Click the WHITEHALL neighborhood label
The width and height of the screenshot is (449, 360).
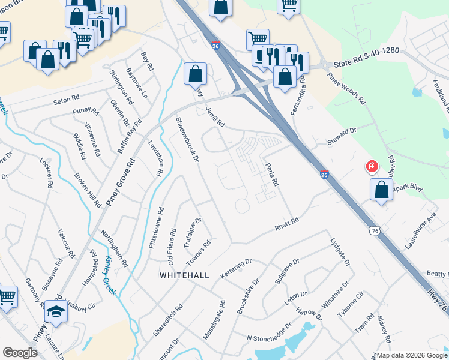(184, 275)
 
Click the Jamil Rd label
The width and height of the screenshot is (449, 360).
(214, 115)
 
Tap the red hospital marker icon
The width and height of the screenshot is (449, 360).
(372, 166)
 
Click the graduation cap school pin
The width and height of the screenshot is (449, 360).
(56, 311)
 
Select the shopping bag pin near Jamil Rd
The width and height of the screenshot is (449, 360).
(195, 74)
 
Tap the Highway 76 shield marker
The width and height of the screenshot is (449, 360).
(374, 230)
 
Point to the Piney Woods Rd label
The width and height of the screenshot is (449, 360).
(346, 89)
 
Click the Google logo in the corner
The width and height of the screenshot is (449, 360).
(20, 353)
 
